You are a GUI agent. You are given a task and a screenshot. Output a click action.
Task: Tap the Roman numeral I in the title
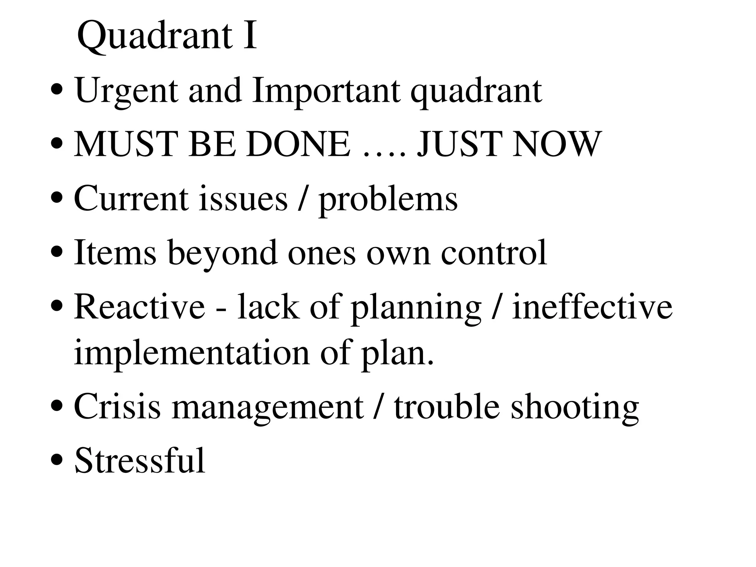pos(250,35)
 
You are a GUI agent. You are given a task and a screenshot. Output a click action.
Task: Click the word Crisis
pos(117,406)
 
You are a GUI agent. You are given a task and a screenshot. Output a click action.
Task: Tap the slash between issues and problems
pos(303,199)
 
